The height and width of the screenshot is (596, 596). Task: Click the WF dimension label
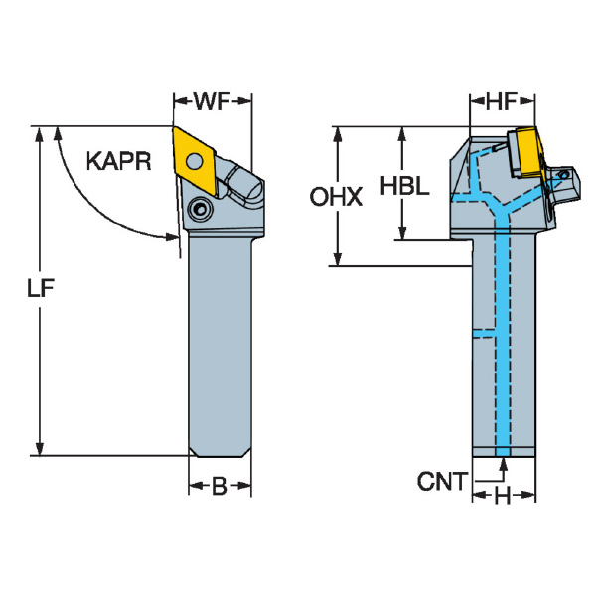click(x=213, y=101)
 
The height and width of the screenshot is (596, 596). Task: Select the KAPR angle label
click(x=118, y=161)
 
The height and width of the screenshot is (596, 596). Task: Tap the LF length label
click(x=41, y=288)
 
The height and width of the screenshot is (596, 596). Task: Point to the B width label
click(x=220, y=486)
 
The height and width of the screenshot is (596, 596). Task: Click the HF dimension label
click(x=502, y=101)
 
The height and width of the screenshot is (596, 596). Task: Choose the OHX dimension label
click(x=336, y=197)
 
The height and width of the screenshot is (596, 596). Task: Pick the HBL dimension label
click(x=405, y=186)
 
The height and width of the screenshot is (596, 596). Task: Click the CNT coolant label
click(x=442, y=481)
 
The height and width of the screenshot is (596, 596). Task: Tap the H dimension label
click(x=503, y=496)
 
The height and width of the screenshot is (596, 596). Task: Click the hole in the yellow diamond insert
click(x=195, y=161)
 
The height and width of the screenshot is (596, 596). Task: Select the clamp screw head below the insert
click(x=200, y=209)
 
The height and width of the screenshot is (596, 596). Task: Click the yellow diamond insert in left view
click(x=195, y=162)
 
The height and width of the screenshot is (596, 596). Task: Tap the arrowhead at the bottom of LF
click(x=39, y=449)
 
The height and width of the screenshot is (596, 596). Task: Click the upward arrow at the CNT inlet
click(x=504, y=465)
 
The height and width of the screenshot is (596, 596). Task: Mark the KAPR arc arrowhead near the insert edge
click(x=172, y=237)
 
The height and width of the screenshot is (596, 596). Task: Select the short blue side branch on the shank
click(x=484, y=334)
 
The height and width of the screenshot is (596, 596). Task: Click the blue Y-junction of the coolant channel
click(x=502, y=212)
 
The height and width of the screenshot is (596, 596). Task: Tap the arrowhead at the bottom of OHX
click(x=338, y=259)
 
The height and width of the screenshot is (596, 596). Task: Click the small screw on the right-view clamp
click(x=563, y=175)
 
